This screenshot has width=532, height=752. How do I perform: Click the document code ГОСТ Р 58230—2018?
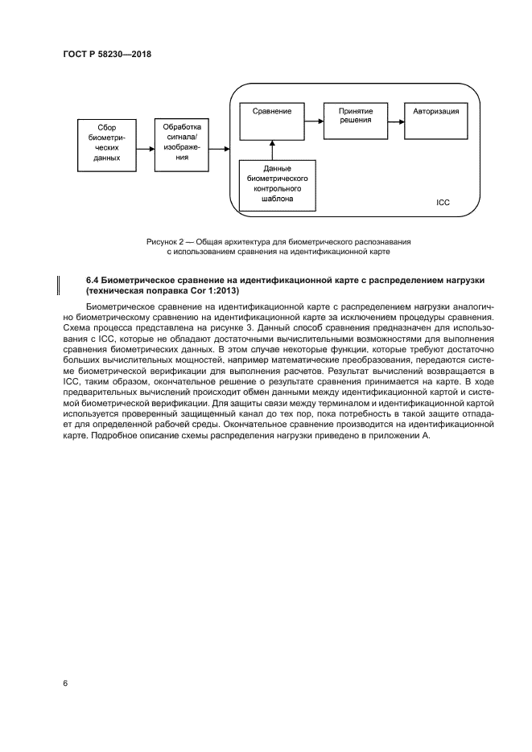point(107,54)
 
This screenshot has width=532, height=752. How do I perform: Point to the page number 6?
point(64,683)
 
